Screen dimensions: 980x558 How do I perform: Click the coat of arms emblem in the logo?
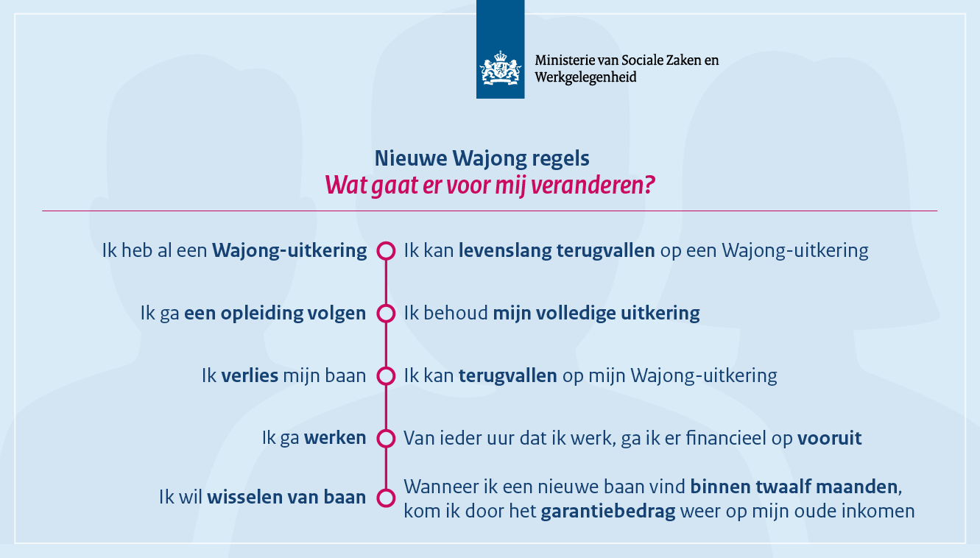pyautogui.click(x=501, y=68)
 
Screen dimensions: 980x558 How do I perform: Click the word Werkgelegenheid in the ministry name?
pyautogui.click(x=585, y=77)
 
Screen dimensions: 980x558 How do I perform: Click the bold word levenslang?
pyautogui.click(x=505, y=251)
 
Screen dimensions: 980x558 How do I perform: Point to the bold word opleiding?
pyautogui.click(x=261, y=314)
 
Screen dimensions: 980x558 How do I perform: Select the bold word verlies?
pyautogui.click(x=250, y=375)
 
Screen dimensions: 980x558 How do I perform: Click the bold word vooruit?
pyautogui.click(x=830, y=438)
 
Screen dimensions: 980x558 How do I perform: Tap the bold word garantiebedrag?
pyautogui.click(x=608, y=511)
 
